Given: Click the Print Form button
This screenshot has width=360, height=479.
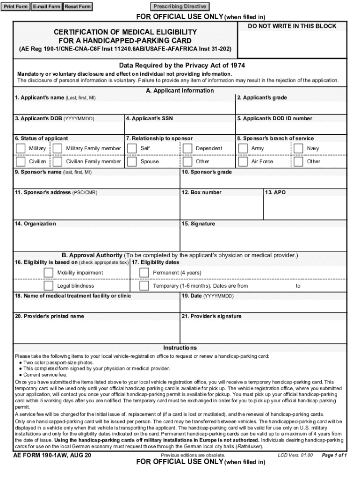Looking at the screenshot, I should (16, 7).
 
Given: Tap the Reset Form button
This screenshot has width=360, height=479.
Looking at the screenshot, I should (78, 7).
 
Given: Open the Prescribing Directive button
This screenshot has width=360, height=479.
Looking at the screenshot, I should (180, 7).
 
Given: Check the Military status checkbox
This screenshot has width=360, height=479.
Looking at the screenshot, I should (21, 148).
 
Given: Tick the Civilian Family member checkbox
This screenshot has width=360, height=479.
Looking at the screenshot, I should (58, 161).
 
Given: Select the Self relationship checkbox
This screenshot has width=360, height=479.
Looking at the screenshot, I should (131, 148).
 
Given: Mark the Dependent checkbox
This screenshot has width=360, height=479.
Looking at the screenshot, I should (187, 148).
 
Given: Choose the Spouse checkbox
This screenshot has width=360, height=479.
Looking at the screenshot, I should (131, 161).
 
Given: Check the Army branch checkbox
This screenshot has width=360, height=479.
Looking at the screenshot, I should (243, 148).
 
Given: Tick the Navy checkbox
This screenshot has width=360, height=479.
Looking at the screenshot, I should (298, 148).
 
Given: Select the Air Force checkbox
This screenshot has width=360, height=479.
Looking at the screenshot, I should (243, 161).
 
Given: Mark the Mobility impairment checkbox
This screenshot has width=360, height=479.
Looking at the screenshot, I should (49, 273).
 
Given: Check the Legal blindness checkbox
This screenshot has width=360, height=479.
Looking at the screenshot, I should (49, 286).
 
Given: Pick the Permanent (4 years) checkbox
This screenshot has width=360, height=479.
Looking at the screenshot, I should (144, 273).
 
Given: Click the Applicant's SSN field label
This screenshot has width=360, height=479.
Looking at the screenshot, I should (150, 118).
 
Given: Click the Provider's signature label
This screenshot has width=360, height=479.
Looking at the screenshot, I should (211, 316).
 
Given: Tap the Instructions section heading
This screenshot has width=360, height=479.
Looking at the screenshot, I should (180, 348).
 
